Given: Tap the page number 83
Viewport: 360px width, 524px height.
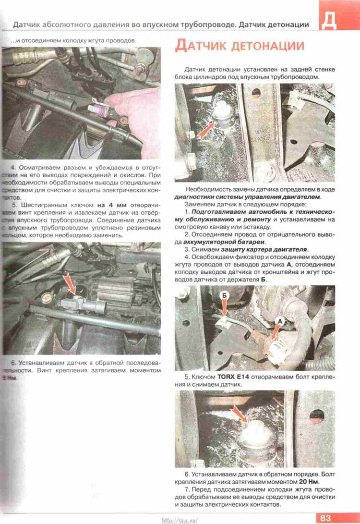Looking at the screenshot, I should point(327,517).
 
